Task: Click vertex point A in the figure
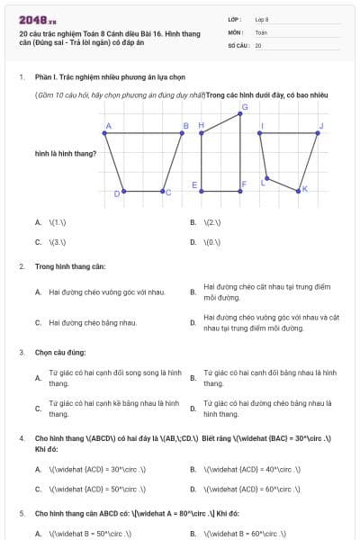[x=105, y=133]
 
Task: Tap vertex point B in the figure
[x=183, y=133]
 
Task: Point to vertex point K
[x=299, y=189]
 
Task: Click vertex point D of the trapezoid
[x=123, y=191]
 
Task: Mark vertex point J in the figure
[x=319, y=133]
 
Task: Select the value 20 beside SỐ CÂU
[x=258, y=45]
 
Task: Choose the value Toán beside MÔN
[x=261, y=32]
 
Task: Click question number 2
[x=22, y=267]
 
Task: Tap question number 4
[x=22, y=439]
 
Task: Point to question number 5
[x=22, y=513]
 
